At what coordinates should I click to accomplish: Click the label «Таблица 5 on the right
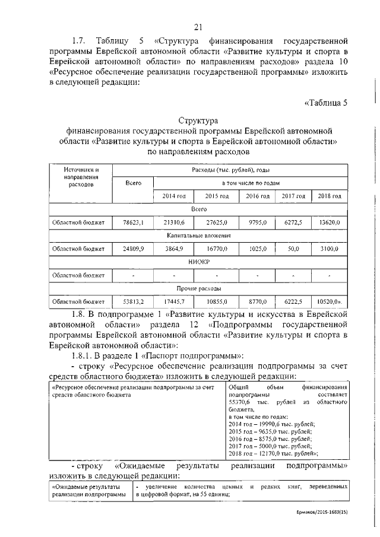325,101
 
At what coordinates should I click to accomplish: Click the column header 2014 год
174,196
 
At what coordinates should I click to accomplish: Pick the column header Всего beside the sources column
133,183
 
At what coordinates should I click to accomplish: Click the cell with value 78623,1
133,222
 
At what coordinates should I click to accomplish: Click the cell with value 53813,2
133,301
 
